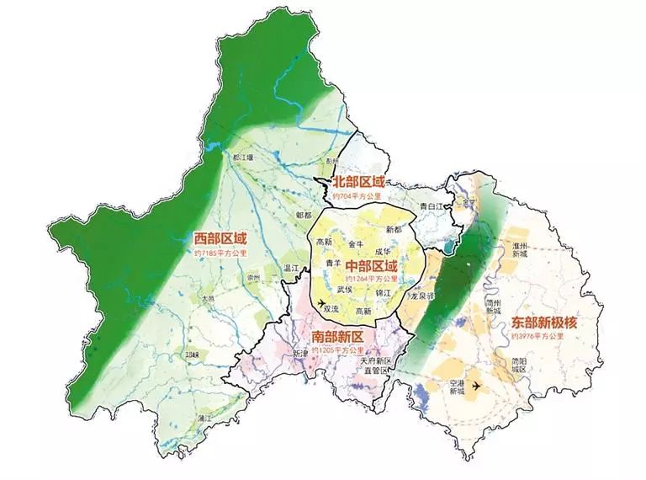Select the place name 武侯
[x=344, y=289]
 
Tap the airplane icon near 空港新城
[x=477, y=385]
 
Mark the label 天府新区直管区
[x=374, y=365]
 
